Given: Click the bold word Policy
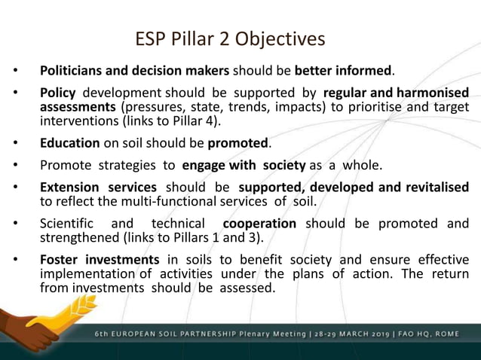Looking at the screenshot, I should point(58,93).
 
